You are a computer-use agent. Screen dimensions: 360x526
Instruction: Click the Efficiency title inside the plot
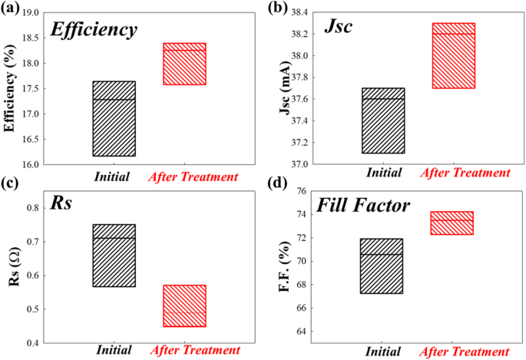coord(93,30)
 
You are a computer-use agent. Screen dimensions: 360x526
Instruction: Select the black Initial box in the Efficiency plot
coord(114,118)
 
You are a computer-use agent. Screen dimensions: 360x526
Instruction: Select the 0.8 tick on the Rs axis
coord(36,208)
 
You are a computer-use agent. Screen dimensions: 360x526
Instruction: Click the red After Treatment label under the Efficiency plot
coord(193,177)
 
